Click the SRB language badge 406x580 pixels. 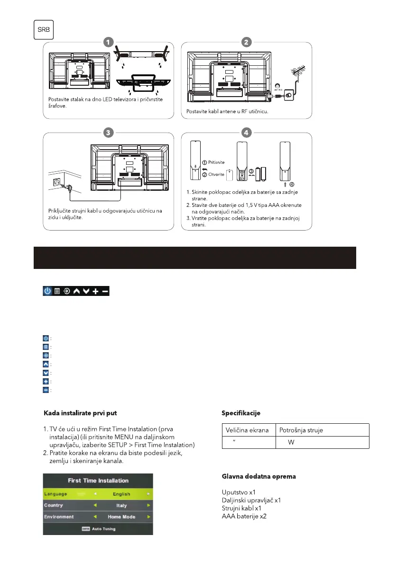click(x=43, y=31)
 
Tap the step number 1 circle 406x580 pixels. click(x=109, y=42)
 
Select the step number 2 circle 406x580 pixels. click(x=246, y=42)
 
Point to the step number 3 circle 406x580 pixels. click(x=109, y=133)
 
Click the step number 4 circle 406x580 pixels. click(x=246, y=133)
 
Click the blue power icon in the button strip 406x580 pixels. click(x=47, y=291)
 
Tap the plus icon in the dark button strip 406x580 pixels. click(x=95, y=291)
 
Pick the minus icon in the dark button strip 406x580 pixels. click(x=105, y=291)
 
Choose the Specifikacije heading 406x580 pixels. click(x=241, y=413)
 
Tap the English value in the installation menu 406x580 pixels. click(x=121, y=494)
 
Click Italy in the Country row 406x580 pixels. click(x=121, y=506)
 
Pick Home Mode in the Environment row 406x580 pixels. click(x=121, y=517)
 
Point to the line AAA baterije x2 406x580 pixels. click(x=244, y=516)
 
